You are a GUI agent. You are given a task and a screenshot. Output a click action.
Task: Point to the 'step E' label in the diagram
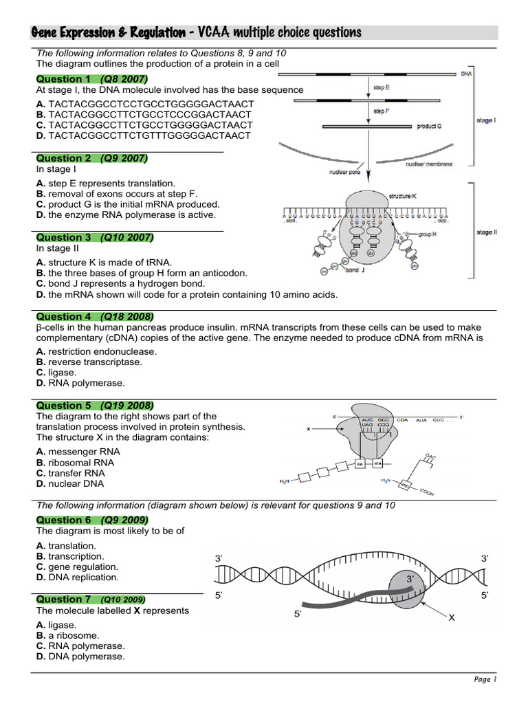[382, 87]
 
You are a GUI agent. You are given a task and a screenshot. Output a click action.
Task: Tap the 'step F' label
[382, 110]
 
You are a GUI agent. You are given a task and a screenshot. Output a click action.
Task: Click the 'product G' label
[430, 126]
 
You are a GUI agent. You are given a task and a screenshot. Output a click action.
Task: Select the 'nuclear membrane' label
[429, 165]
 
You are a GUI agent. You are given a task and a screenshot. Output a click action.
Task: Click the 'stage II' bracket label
[485, 232]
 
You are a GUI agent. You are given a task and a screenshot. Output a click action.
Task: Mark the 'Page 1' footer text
[485, 679]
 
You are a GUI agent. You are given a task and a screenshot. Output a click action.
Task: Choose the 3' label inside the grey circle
[410, 580]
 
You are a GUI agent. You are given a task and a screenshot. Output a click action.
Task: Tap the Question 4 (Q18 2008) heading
[93, 317]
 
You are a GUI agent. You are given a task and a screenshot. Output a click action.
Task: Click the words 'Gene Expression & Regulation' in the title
[108, 33]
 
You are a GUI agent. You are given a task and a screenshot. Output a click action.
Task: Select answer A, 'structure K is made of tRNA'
[104, 262]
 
